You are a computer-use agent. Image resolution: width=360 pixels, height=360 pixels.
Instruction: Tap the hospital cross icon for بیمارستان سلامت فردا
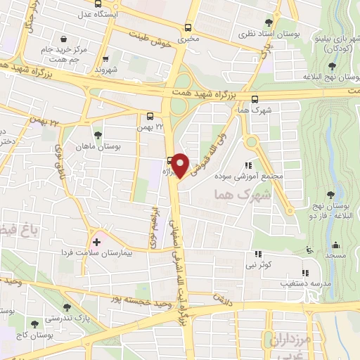[97, 242]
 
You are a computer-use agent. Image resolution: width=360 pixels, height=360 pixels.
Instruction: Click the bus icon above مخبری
[188, 27]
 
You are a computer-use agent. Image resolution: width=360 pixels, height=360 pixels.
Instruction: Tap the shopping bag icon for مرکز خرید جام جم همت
[65, 39]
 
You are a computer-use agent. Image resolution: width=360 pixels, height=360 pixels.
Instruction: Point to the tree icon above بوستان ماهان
[97, 136]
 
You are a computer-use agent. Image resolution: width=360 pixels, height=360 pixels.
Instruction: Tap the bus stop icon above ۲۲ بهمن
[150, 117]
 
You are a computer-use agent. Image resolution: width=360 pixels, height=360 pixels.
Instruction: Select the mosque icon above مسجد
[335, 246]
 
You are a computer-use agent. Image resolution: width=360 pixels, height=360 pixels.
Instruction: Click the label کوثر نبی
[258, 264]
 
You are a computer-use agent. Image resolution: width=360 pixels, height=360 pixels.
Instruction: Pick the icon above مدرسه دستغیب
[304, 273]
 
